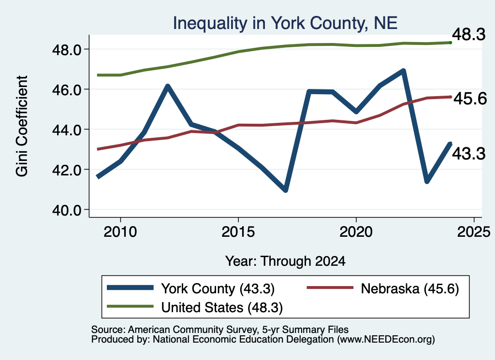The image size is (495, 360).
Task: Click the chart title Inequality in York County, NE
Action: pyautogui.click(x=285, y=23)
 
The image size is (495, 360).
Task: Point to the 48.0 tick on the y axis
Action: pyautogui.click(x=68, y=50)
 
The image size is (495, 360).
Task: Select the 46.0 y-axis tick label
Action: pyautogui.click(x=68, y=90)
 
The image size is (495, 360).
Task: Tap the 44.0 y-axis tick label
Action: pyautogui.click(x=68, y=130)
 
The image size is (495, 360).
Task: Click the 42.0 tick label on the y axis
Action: pyautogui.click(x=68, y=170)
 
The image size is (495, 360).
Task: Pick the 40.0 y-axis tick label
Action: pyautogui.click(x=68, y=210)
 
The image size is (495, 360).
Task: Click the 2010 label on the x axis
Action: pyautogui.click(x=120, y=232)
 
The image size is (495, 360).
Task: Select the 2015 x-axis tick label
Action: pyautogui.click(x=238, y=232)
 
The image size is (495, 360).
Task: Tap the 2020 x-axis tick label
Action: pyautogui.click(x=356, y=232)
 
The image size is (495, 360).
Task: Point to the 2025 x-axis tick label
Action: pyautogui.click(x=474, y=232)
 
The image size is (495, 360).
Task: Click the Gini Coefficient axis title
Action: pyautogui.click(x=22, y=126)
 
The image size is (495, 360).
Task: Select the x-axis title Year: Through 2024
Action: pyautogui.click(x=285, y=261)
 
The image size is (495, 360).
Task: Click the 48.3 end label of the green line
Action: pyautogui.click(x=469, y=34)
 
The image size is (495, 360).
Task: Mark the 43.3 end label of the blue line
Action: pyautogui.click(x=469, y=154)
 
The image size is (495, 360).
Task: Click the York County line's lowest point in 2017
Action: pyautogui.click(x=285, y=190)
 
